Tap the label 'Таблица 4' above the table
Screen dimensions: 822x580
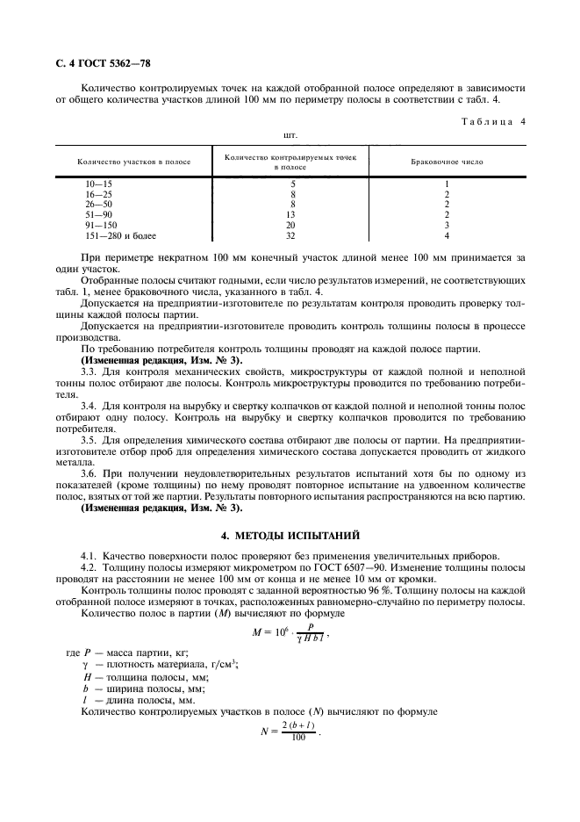pos(492,121)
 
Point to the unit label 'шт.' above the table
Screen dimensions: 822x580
pos(290,136)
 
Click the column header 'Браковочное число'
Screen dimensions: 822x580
pos(447,162)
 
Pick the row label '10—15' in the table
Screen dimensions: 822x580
pos(99,183)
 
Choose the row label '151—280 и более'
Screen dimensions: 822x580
pos(118,235)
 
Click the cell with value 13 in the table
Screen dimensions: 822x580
pos(290,214)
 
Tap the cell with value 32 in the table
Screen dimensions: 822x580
pos(290,235)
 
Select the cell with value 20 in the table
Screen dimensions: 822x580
pos(290,225)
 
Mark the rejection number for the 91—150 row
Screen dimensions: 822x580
pos(447,225)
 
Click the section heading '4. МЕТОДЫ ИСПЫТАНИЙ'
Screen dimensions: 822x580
pos(290,535)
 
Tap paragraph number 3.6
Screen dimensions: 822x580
pos(90,473)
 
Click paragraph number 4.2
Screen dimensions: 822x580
pos(90,567)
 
